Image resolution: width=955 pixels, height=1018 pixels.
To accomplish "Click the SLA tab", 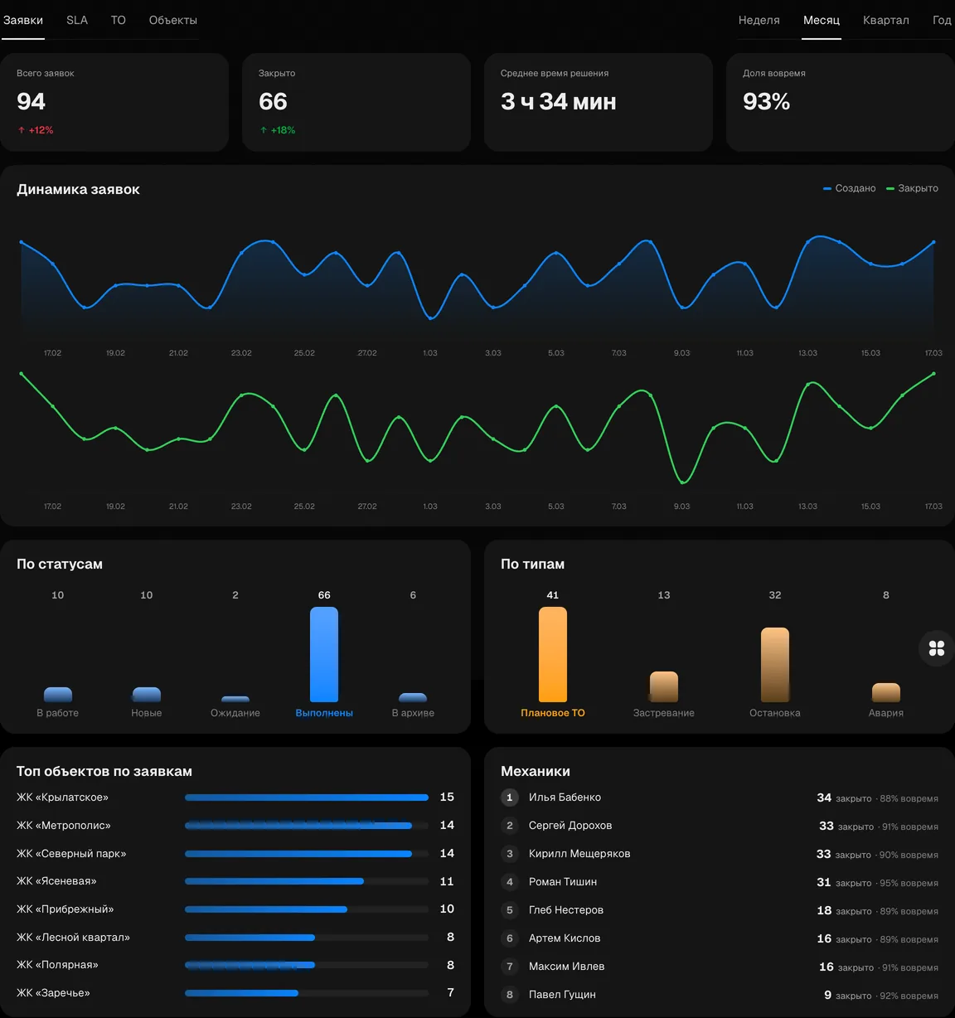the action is click(x=77, y=20).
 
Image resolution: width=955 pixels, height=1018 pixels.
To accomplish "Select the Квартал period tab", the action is click(x=885, y=20).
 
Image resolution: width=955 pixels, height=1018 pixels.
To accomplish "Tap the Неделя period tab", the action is click(x=759, y=20).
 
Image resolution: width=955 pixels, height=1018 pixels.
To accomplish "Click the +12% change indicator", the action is click(x=36, y=130).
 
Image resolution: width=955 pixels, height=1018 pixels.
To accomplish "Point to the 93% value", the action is click(x=766, y=101).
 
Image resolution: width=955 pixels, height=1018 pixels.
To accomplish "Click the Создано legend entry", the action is click(x=849, y=188).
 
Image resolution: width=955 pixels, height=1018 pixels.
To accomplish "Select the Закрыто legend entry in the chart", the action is click(x=912, y=188).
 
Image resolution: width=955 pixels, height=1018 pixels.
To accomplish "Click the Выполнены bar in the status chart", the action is click(x=324, y=654).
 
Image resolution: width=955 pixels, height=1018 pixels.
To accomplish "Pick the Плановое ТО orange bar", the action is click(x=553, y=654).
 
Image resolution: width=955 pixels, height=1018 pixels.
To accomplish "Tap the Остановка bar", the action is click(x=774, y=664).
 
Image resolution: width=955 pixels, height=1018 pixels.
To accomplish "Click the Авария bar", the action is click(x=886, y=692).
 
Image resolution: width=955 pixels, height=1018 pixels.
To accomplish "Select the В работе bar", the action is click(x=57, y=694).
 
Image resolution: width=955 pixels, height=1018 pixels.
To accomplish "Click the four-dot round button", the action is click(x=936, y=648).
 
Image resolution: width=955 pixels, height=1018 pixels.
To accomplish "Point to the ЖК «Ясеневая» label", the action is click(x=56, y=881).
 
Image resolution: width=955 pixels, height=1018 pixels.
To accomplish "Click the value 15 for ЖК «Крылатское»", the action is click(x=447, y=797).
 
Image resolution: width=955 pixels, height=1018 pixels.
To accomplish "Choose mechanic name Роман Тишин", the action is click(x=562, y=882).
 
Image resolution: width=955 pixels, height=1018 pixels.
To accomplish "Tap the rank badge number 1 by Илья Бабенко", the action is click(x=509, y=797).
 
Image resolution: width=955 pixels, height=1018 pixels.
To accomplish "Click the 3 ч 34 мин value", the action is click(x=558, y=101).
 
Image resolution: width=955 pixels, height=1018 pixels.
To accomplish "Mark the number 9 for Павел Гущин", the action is click(x=827, y=995).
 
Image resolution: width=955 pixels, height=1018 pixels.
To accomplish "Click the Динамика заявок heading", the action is click(x=78, y=189).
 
